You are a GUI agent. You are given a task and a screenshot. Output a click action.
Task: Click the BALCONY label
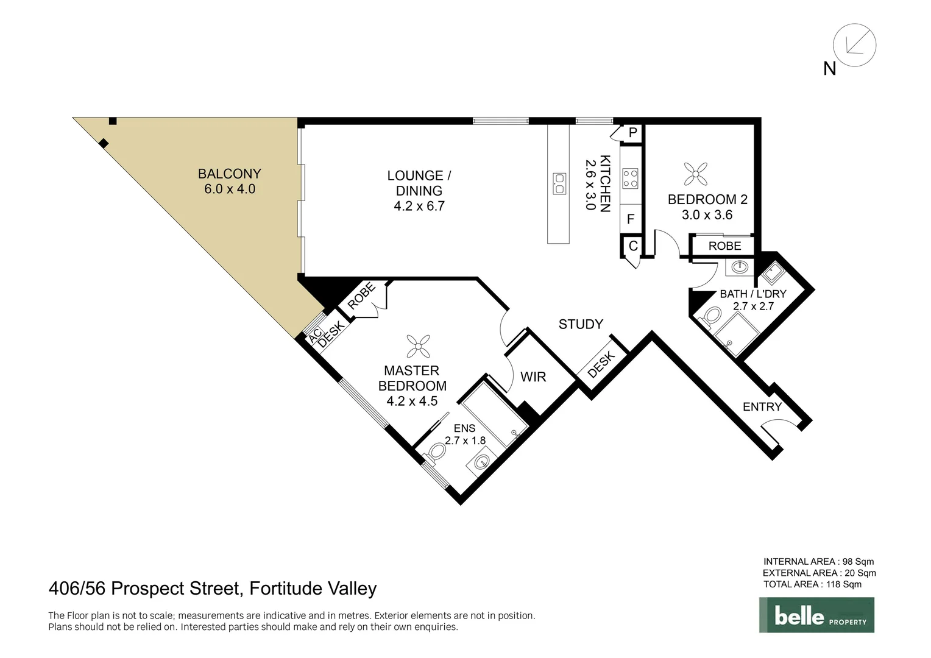(x=229, y=174)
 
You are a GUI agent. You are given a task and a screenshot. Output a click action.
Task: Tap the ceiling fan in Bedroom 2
(x=695, y=174)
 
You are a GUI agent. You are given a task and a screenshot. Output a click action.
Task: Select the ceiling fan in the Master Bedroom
(x=418, y=346)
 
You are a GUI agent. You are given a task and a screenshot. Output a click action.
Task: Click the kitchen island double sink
(x=559, y=183)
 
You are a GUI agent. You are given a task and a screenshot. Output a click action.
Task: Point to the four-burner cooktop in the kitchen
(x=630, y=179)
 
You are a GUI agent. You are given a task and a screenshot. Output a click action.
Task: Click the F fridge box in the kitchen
(x=631, y=219)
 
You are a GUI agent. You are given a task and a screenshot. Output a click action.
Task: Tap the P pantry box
(x=632, y=133)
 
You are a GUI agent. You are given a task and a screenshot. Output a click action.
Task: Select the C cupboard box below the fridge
(x=632, y=246)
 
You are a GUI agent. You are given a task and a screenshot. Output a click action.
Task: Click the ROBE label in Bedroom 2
(x=724, y=246)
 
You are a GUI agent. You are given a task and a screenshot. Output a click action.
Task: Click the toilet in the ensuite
(x=436, y=451)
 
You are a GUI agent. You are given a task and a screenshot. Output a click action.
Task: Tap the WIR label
(x=533, y=377)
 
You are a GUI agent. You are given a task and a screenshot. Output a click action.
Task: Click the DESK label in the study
(x=601, y=365)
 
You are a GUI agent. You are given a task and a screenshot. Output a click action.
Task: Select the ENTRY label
(x=762, y=407)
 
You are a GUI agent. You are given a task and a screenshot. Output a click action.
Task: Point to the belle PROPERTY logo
(x=816, y=615)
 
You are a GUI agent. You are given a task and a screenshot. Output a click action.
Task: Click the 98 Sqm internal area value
(x=858, y=562)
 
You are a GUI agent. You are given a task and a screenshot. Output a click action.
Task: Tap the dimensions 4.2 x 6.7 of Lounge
(x=419, y=207)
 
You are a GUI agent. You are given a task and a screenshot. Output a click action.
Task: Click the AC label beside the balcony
(x=315, y=337)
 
